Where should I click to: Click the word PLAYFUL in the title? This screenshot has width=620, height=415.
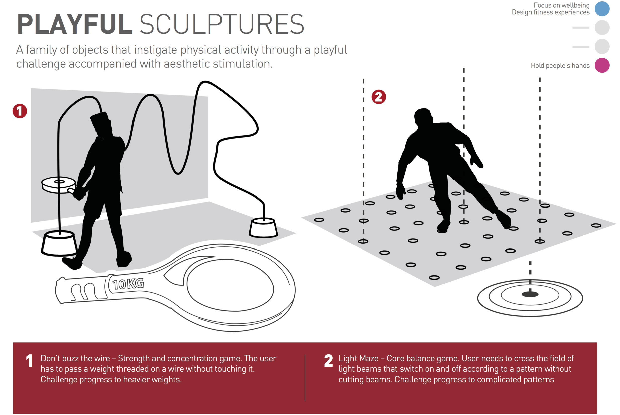(x=75, y=24)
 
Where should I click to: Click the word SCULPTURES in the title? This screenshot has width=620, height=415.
(x=222, y=24)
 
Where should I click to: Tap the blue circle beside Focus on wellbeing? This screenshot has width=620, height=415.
(x=602, y=9)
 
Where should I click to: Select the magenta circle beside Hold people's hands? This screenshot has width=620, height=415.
(x=602, y=65)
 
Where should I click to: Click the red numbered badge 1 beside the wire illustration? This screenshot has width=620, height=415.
(x=20, y=111)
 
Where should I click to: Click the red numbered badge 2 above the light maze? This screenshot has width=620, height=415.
(x=379, y=97)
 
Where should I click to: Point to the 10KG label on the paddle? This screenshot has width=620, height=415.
(x=128, y=284)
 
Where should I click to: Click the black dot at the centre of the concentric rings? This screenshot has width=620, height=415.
(x=530, y=294)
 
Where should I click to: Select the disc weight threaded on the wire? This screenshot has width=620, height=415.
(x=59, y=184)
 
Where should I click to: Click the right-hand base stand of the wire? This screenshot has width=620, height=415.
(x=263, y=228)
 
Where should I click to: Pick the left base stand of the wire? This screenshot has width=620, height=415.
(x=59, y=243)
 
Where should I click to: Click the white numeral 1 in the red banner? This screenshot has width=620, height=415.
(x=30, y=361)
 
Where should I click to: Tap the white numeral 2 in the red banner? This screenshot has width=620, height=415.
(x=329, y=361)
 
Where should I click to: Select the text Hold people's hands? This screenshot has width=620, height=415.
(x=560, y=65)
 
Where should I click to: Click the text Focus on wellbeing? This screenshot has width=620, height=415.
(x=561, y=5)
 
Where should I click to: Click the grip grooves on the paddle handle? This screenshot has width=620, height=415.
(x=83, y=292)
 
